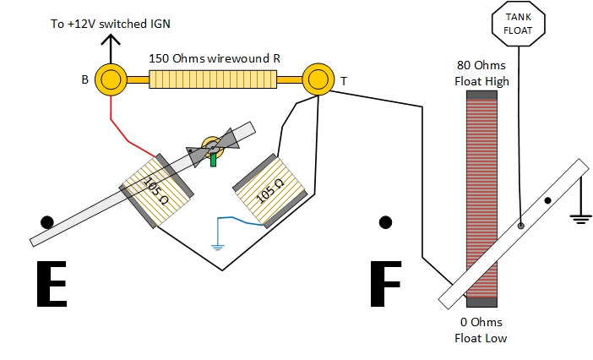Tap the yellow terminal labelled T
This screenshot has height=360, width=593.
point(318,79)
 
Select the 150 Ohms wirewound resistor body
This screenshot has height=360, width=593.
point(214,79)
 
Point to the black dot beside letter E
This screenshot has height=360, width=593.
point(47,222)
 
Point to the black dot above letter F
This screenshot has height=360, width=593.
point(386,222)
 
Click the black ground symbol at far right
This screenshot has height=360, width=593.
point(579,217)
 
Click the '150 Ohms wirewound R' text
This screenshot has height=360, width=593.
point(214,58)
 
